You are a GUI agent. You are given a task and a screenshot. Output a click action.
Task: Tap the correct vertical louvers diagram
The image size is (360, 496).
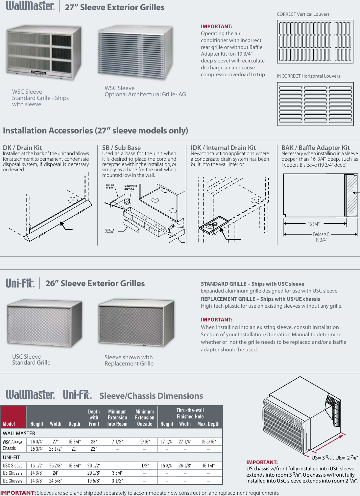click(x=315, y=41)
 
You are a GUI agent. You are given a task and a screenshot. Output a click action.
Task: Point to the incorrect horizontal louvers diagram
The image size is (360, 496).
click(x=315, y=104)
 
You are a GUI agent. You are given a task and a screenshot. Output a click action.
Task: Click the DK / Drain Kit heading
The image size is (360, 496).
click(x=22, y=148)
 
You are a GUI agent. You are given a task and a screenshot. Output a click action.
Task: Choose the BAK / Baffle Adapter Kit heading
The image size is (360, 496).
click(x=315, y=148)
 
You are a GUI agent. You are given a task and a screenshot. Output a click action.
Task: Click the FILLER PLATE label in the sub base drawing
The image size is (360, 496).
click(x=110, y=187)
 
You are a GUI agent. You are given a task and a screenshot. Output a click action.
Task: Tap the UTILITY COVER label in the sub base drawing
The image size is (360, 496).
click(x=110, y=231)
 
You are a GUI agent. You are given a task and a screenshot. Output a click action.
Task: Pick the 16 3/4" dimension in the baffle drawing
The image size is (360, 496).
click(x=313, y=224)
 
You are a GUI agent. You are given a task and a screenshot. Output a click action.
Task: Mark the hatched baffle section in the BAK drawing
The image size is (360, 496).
click(x=352, y=195)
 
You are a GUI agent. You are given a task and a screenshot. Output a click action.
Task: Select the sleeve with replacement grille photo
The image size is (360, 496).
click(x=136, y=323)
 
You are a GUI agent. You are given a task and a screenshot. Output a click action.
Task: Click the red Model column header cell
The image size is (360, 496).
click(x=13, y=417)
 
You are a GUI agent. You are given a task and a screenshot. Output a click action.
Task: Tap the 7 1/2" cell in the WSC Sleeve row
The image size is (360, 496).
click(x=117, y=442)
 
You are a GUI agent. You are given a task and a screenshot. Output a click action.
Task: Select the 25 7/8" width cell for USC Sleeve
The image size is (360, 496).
click(x=56, y=466)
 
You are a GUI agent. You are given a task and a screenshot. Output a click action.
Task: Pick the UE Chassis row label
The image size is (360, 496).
click(x=12, y=481)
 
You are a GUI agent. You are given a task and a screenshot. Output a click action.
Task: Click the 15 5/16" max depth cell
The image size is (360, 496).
click(x=208, y=442)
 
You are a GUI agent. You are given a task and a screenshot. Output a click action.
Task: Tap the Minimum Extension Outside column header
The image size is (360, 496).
click(x=144, y=417)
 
